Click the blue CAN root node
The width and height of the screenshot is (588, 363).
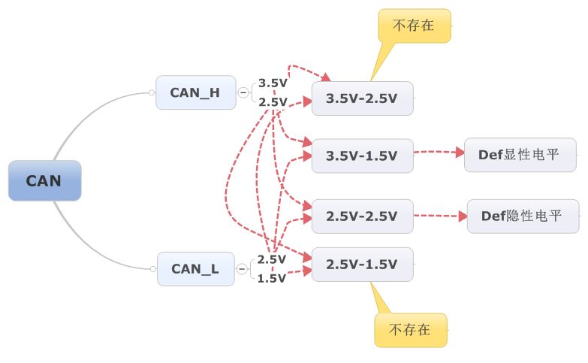point(44,180)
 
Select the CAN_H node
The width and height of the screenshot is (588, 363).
point(195,92)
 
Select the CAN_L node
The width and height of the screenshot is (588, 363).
point(195,268)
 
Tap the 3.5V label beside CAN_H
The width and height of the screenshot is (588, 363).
point(273,83)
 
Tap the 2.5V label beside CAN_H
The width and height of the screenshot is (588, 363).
point(273,101)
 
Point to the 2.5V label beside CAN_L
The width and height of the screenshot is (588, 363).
point(272,259)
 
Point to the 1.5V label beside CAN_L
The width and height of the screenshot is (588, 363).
point(272,278)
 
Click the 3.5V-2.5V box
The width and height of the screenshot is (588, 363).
point(362,98)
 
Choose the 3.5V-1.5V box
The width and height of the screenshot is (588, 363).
point(362,156)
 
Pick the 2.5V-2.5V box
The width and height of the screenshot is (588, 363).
point(362,216)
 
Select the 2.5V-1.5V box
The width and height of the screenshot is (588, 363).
point(362,265)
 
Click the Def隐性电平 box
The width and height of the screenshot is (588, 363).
point(523,216)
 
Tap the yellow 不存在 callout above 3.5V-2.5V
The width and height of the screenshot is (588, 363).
point(414,25)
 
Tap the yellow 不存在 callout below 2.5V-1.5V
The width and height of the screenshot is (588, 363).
point(410,329)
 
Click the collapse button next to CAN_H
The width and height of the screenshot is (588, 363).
point(243,92)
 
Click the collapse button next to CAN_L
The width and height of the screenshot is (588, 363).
point(242,268)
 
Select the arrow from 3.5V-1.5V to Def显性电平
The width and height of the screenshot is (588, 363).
point(439,153)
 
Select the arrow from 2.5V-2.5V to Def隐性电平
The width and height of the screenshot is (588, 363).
point(440,216)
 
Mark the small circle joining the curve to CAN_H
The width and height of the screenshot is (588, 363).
point(152,93)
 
